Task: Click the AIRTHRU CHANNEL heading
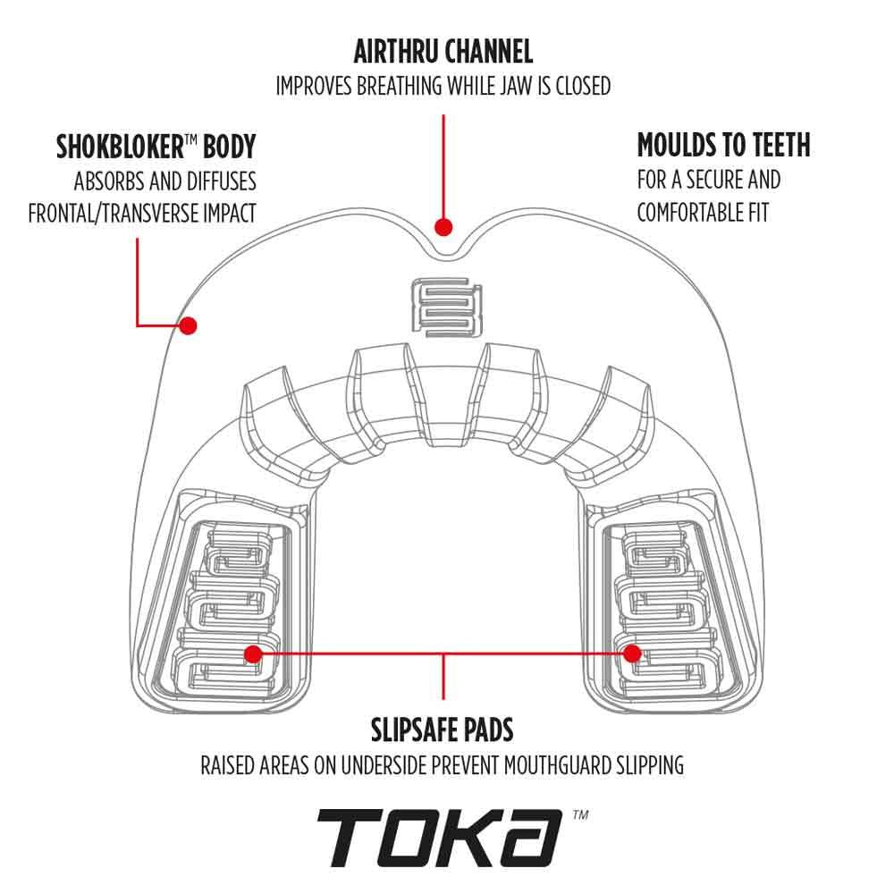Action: coord(443,52)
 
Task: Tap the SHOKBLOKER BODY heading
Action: coord(156,146)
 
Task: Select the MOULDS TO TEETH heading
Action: coord(723,145)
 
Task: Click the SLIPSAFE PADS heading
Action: coord(443,730)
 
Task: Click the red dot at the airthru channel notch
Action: coord(443,227)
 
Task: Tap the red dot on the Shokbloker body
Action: coord(188,326)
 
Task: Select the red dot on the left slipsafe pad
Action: coord(253,654)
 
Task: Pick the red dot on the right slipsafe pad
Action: coord(634,654)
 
